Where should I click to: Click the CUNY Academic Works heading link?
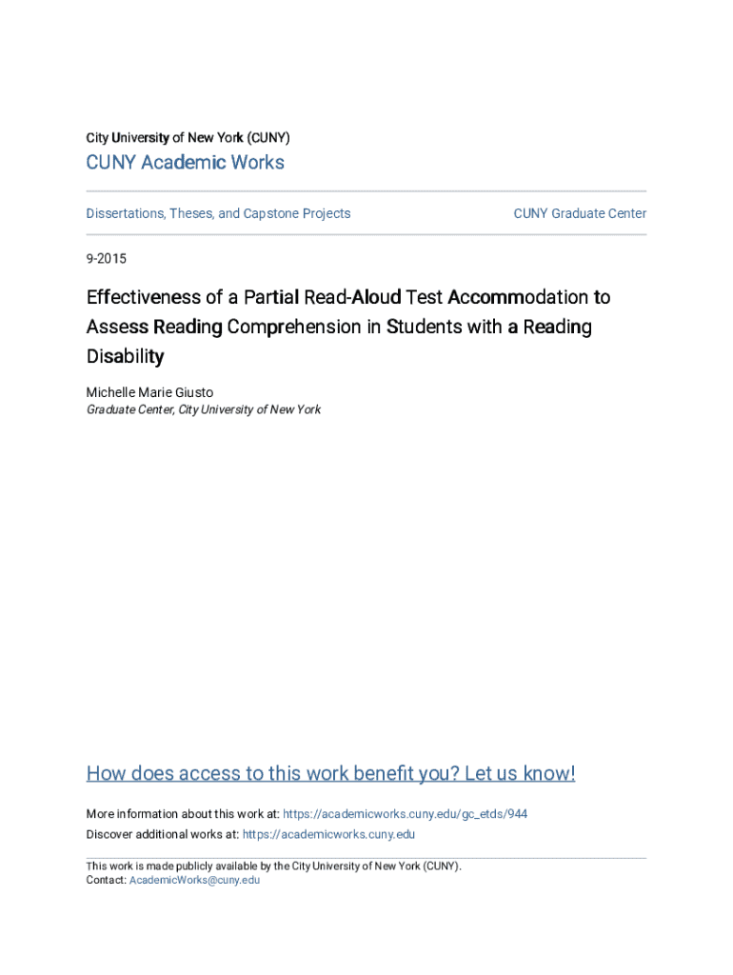pyautogui.click(x=185, y=163)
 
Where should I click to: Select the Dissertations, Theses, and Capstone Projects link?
pyautogui.click(x=218, y=213)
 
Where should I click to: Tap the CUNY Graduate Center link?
pyautogui.click(x=580, y=213)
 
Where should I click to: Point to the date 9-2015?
pyautogui.click(x=106, y=259)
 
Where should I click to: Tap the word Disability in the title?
pyautogui.click(x=125, y=357)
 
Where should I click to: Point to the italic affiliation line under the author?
pyautogui.click(x=204, y=409)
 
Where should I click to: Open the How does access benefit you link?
pyautogui.click(x=330, y=773)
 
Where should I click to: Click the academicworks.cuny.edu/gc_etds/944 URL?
pyautogui.click(x=406, y=814)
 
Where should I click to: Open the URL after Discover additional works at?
pyautogui.click(x=328, y=834)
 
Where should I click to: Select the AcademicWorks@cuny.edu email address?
pyautogui.click(x=194, y=880)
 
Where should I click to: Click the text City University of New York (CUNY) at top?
pyautogui.click(x=188, y=137)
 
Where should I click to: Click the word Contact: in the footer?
pyautogui.click(x=106, y=880)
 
